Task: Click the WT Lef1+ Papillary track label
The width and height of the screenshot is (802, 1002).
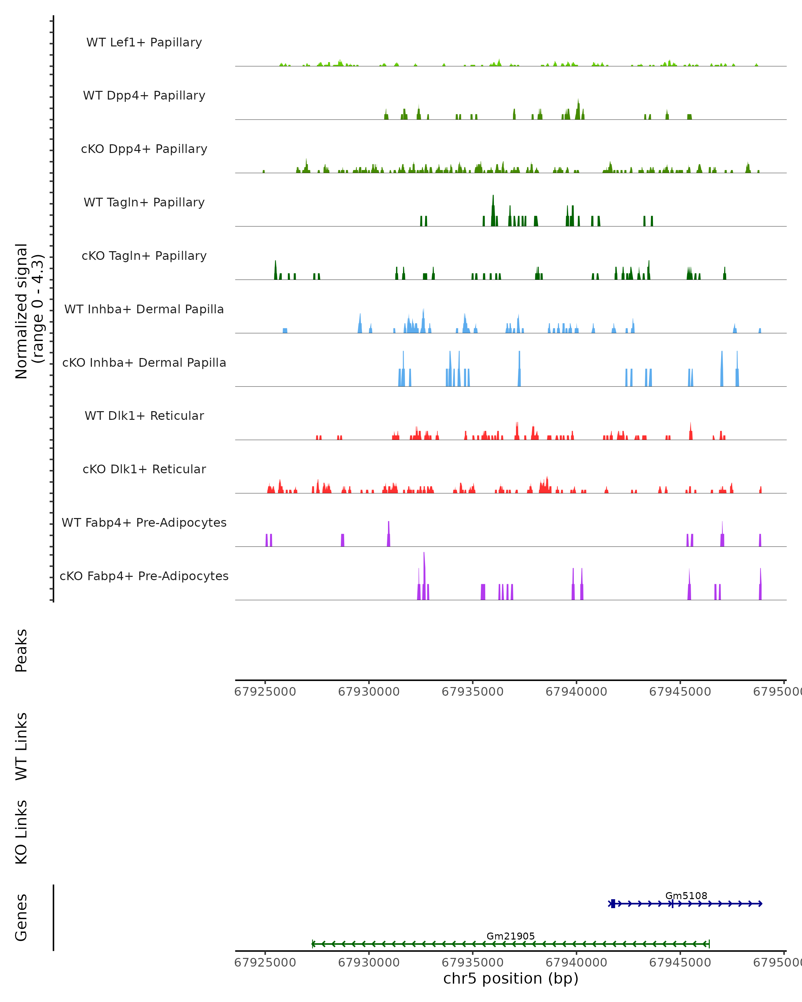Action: coord(144,42)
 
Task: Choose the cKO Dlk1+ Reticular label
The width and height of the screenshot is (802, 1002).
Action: coord(144,469)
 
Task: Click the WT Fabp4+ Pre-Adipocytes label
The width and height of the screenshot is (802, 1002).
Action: coord(144,522)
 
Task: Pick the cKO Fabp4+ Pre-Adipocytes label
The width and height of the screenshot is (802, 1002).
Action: coord(144,576)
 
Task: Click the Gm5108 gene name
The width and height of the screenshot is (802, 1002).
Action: coord(686,895)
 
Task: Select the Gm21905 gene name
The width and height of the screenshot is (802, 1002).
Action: coord(511,936)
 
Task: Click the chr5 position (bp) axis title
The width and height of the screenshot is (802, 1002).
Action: coord(511,978)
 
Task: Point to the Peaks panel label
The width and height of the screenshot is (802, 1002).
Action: coord(21,650)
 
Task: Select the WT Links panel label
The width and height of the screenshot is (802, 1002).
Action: coord(21,746)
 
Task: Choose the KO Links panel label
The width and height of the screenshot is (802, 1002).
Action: coord(21,832)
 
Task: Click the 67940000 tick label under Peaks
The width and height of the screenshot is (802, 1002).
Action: coord(576,692)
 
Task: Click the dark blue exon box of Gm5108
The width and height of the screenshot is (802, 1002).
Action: coord(613,903)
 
